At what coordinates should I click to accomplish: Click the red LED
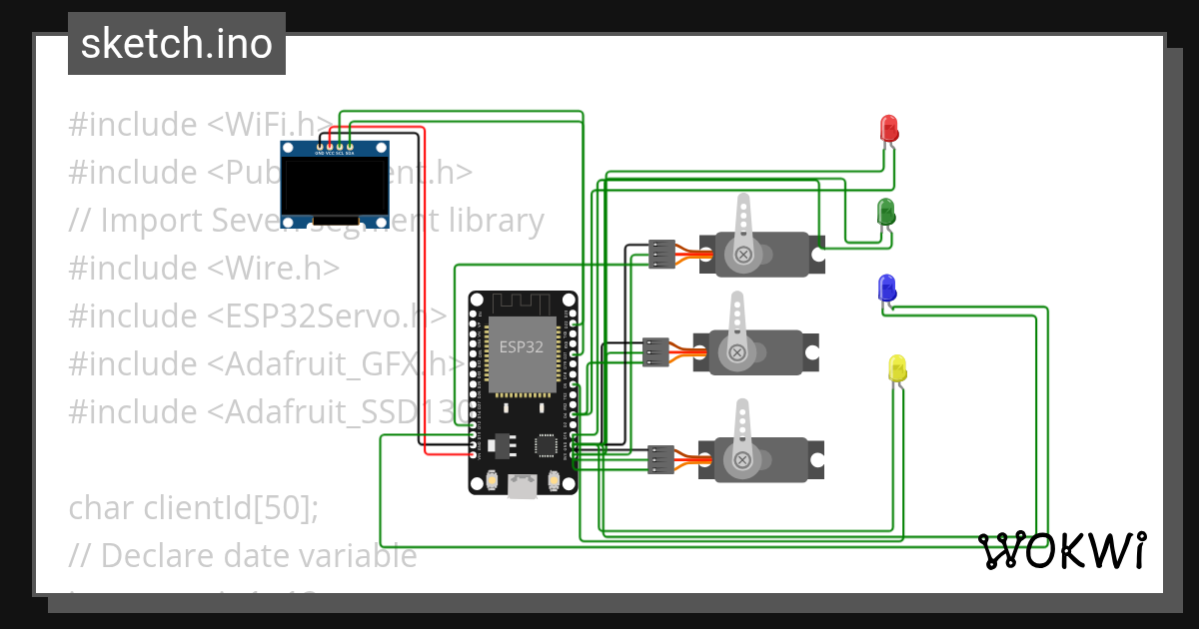pyautogui.click(x=888, y=128)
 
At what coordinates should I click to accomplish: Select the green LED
pyautogui.click(x=885, y=212)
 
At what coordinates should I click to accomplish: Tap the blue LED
pyautogui.click(x=885, y=289)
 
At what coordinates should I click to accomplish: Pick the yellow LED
pyautogui.click(x=896, y=367)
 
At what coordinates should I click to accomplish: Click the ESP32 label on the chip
pyautogui.click(x=522, y=347)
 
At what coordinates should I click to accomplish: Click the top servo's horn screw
pyautogui.click(x=743, y=255)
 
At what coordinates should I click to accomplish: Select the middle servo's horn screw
pyautogui.click(x=737, y=351)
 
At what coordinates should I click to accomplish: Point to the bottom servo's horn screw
pyautogui.click(x=742, y=458)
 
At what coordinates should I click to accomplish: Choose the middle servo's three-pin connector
pyautogui.click(x=655, y=352)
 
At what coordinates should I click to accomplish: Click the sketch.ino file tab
pyautogui.click(x=177, y=44)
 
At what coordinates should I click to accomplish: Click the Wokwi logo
pyautogui.click(x=1061, y=550)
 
